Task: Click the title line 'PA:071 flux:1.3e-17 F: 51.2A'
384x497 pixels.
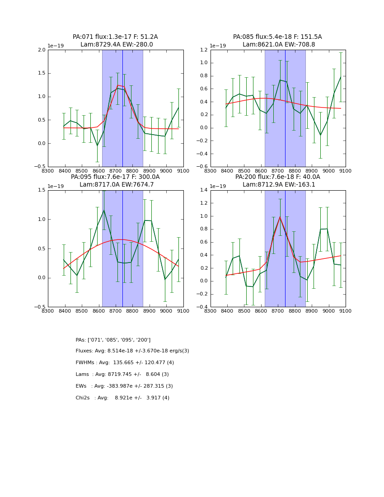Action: [x=115, y=37]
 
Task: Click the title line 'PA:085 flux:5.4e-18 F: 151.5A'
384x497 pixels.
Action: [x=277, y=37]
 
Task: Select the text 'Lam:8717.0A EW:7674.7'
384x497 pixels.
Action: [x=117, y=184]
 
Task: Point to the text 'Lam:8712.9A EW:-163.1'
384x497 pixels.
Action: [x=279, y=184]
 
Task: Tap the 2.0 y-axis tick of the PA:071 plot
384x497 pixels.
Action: [x=42, y=50]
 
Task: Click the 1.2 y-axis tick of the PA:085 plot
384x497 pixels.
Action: [x=204, y=50]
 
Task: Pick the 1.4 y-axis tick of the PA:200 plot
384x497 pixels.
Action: [x=204, y=190]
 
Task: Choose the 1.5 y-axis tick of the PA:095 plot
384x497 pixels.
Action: [x=42, y=190]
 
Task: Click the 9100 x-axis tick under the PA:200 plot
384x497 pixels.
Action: [x=346, y=311]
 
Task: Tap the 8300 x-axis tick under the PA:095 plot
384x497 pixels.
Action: [x=48, y=311]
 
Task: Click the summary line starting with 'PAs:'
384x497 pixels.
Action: [x=113, y=340]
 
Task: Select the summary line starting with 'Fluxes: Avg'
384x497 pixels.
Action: [x=132, y=351]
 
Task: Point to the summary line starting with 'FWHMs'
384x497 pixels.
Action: [x=125, y=363]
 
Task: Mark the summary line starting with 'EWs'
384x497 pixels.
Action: [x=124, y=386]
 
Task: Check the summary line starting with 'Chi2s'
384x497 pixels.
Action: [x=122, y=398]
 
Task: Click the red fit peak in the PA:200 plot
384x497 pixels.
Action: [x=280, y=217]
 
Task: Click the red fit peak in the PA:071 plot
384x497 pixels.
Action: [x=118, y=85]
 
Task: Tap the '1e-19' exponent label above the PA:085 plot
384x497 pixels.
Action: [x=218, y=46]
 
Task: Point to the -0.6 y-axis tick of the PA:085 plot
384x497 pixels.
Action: [x=203, y=167]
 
